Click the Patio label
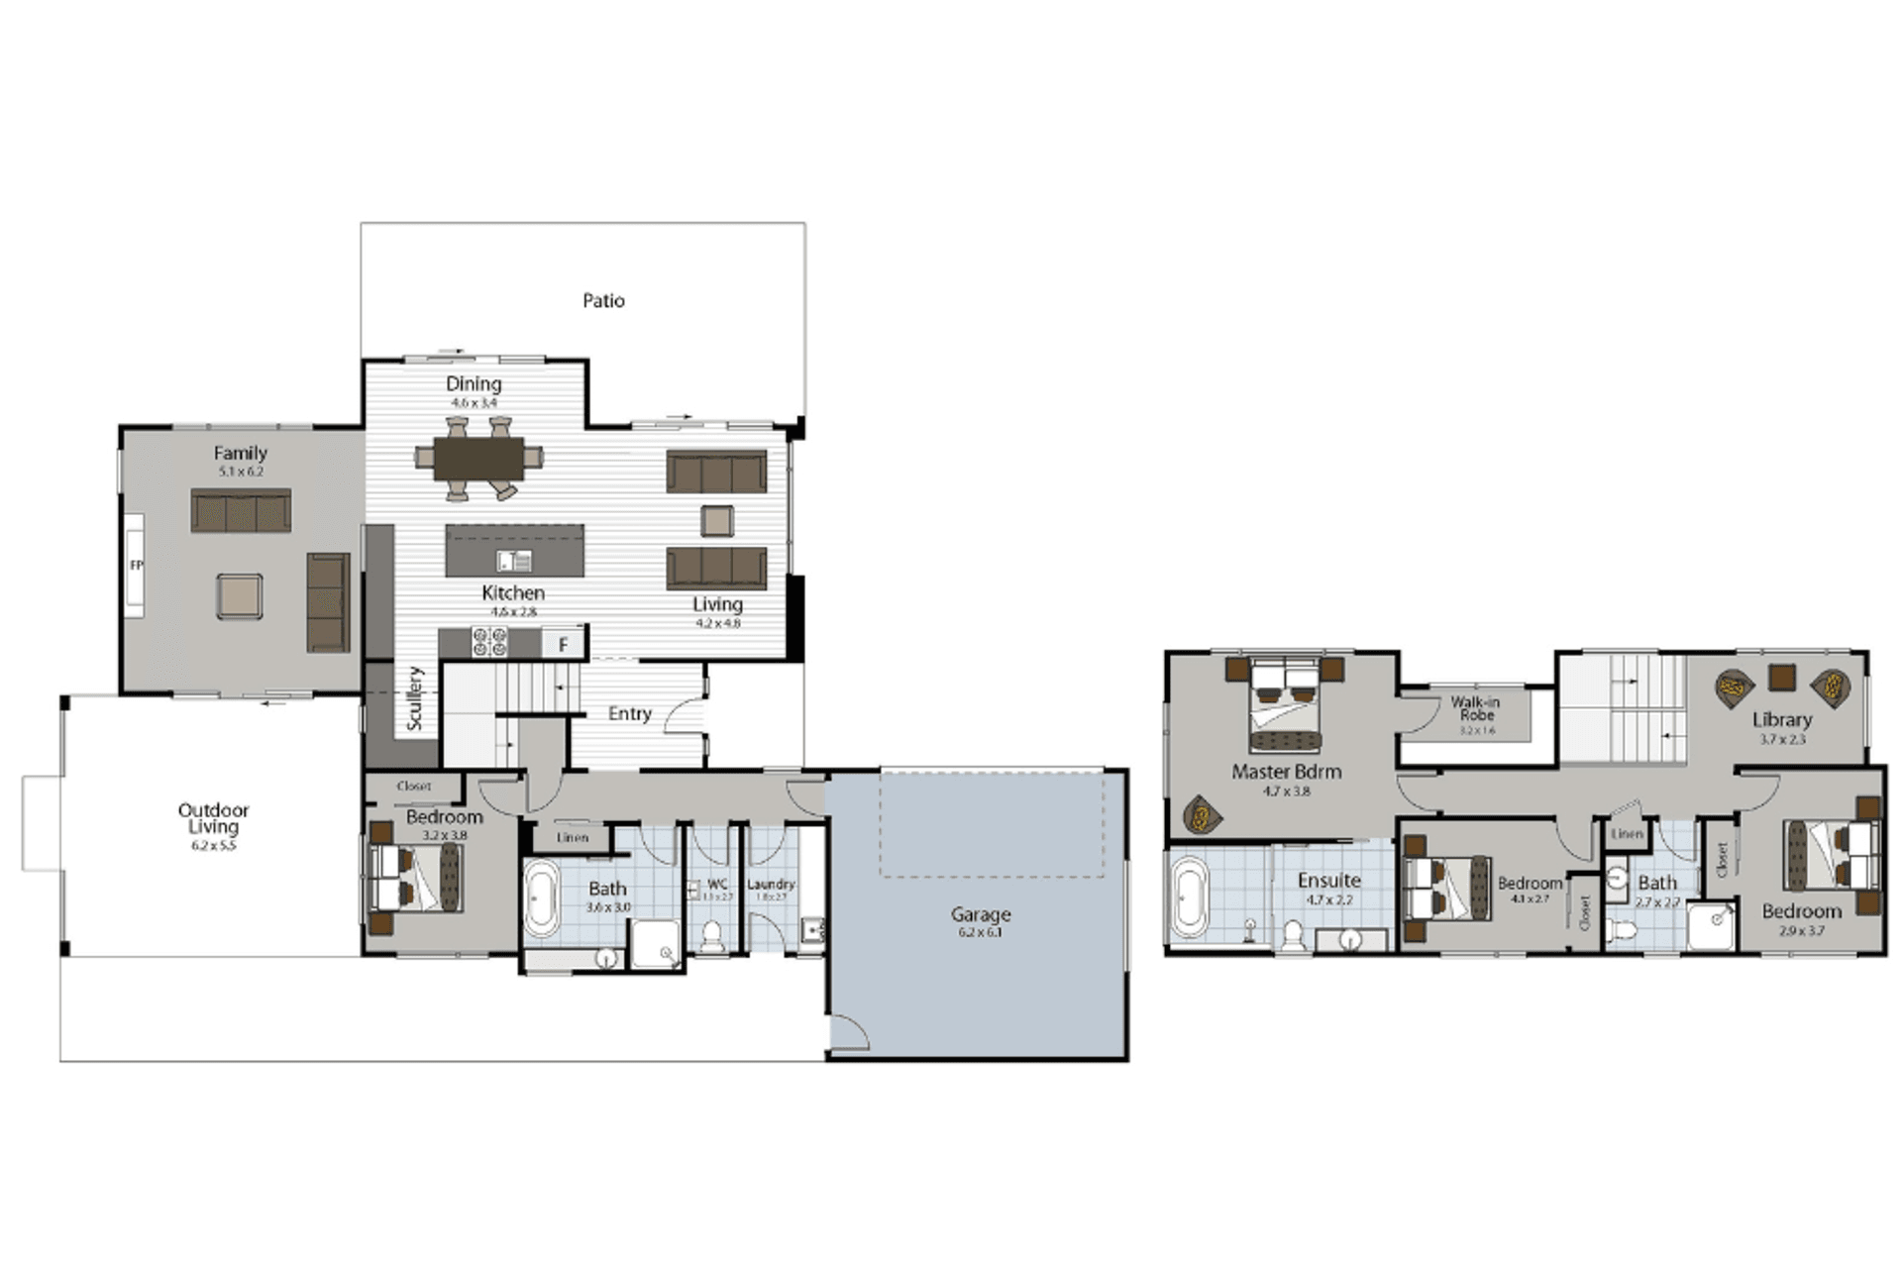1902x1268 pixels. click(x=603, y=300)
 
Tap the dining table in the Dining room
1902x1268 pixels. click(x=478, y=458)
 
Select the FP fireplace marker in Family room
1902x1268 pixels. click(x=136, y=566)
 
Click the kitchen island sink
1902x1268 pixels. click(x=514, y=561)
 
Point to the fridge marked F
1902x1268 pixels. click(x=563, y=645)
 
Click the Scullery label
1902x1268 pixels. click(x=414, y=698)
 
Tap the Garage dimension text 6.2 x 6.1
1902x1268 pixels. click(x=980, y=932)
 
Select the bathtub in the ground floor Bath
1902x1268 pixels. click(x=541, y=898)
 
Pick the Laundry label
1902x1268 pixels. click(x=771, y=884)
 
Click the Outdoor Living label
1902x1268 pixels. click(x=213, y=817)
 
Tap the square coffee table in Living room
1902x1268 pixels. click(x=717, y=520)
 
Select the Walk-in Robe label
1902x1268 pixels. click(x=1475, y=707)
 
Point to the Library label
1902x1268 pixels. click(x=1781, y=720)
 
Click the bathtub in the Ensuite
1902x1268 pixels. click(x=1189, y=898)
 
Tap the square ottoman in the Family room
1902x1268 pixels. click(x=240, y=596)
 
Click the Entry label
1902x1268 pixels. click(x=629, y=713)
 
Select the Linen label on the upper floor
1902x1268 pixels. click(x=1627, y=834)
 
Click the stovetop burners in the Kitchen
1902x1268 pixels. click(x=489, y=642)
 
